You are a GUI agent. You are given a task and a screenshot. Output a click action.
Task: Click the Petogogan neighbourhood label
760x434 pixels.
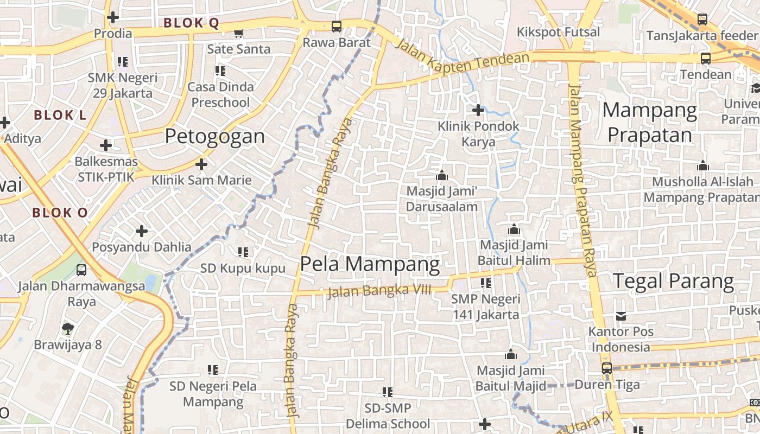pos(215,136)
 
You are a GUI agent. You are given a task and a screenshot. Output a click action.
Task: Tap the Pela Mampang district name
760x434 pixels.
pos(370,264)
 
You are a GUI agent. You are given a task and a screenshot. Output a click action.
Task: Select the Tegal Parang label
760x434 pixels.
pos(673,281)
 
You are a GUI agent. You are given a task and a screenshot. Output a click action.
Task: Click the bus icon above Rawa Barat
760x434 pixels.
pos(337,26)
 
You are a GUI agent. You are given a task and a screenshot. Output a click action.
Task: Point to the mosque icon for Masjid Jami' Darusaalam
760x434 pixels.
pos(441,175)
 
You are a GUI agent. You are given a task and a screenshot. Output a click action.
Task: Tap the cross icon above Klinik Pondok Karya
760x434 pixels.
pos(478,110)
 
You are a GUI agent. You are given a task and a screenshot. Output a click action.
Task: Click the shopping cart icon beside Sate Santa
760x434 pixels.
pos(238,34)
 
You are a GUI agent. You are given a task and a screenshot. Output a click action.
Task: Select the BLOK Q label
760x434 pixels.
pos(191,23)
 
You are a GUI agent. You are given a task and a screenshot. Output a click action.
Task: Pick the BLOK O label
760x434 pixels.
pos(60,213)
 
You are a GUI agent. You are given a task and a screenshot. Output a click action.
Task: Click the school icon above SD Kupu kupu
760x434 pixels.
pos(243,252)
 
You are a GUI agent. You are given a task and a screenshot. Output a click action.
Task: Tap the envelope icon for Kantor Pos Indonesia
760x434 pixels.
pos(621,316)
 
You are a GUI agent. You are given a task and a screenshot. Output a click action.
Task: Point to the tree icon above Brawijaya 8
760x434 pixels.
pos(67,328)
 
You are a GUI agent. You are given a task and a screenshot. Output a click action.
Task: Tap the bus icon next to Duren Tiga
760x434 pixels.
pos(607,368)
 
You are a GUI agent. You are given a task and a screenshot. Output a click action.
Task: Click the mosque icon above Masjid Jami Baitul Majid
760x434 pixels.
pos(510,355)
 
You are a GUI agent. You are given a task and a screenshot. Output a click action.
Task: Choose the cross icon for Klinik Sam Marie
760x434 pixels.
pos(201,164)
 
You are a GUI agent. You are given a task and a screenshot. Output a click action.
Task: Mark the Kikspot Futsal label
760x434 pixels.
pos(559,32)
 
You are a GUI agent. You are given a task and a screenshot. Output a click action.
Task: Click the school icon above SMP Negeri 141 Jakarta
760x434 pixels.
pos(485,283)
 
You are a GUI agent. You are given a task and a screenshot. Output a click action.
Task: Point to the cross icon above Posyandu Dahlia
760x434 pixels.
pos(142,231)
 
